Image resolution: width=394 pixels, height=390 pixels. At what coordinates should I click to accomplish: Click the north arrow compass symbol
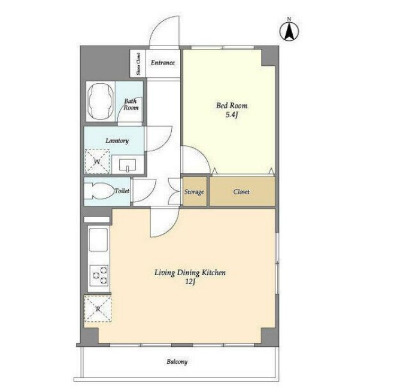pyautogui.click(x=289, y=31)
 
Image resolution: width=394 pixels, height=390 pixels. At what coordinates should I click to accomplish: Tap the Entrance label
pyautogui.click(x=163, y=62)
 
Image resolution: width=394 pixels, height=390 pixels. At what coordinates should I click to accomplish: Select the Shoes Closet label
pyautogui.click(x=138, y=64)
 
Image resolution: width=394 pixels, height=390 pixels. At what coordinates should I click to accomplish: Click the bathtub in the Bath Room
pyautogui.click(x=100, y=101)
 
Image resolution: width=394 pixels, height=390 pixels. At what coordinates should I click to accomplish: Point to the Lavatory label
pyautogui.click(x=117, y=141)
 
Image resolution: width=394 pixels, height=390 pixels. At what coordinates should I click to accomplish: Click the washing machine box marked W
pyautogui.click(x=97, y=162)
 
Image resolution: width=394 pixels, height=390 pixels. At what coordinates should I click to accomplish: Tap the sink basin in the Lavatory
pyautogui.click(x=128, y=164)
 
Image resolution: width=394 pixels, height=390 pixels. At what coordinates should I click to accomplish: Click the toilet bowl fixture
pyautogui.click(x=99, y=191)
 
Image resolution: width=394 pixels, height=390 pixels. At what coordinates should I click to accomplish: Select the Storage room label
pyautogui.click(x=194, y=192)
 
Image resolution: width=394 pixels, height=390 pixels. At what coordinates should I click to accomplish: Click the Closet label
pyautogui.click(x=241, y=192)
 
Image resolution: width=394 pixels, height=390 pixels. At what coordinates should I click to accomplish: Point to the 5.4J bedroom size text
pyautogui.click(x=232, y=115)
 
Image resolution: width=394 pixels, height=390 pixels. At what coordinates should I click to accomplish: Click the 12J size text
pyautogui.click(x=190, y=282)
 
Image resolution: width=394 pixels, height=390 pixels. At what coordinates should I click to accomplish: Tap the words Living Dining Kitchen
pyautogui.click(x=190, y=273)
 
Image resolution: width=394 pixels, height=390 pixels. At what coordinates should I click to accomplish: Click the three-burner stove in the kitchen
pyautogui.click(x=99, y=276)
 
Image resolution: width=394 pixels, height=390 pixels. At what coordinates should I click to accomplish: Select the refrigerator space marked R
pyautogui.click(x=98, y=309)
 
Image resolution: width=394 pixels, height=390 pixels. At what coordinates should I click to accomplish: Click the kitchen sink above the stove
pyautogui.click(x=98, y=239)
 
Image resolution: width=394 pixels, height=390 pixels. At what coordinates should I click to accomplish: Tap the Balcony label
pyautogui.click(x=177, y=362)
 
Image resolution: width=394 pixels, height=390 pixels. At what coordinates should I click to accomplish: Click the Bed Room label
pyautogui.click(x=232, y=106)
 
